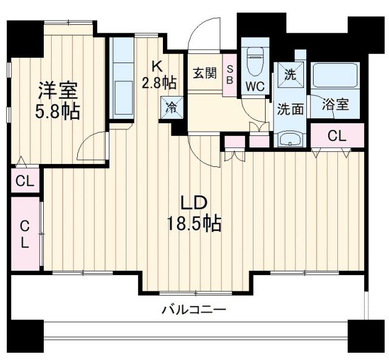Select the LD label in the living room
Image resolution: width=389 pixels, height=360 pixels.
click(194, 203)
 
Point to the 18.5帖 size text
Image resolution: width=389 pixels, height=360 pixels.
click(194, 224)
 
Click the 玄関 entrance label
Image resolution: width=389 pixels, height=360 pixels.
click(205, 73)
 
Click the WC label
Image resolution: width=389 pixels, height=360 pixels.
click(255, 86)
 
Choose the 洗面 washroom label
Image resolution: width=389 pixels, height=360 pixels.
click(291, 109)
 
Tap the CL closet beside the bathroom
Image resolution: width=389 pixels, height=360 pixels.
click(337, 137)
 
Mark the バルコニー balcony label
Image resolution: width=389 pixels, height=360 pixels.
click(194, 310)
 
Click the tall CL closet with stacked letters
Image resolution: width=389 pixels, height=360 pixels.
click(24, 234)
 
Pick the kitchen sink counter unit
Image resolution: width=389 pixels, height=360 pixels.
click(123, 79)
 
